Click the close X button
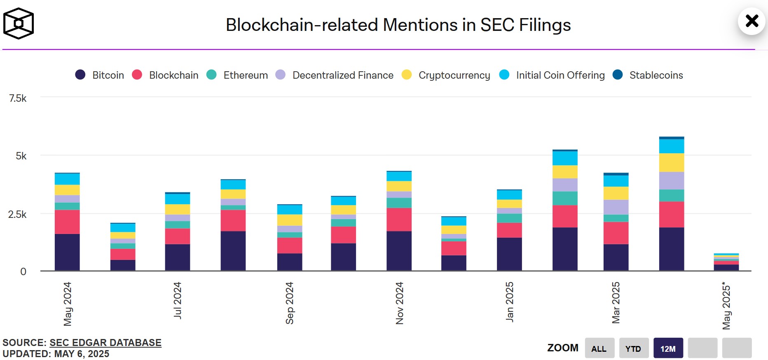pyautogui.click(x=752, y=21)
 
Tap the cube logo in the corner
pyautogui.click(x=19, y=23)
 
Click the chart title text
pyautogui.click(x=398, y=25)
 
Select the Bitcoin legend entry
pyautogui.click(x=100, y=75)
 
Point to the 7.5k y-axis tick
pyautogui.click(x=18, y=98)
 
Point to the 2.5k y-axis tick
pyautogui.click(x=17, y=214)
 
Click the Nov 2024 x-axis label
pyautogui.click(x=399, y=303)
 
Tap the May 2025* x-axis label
pyautogui.click(x=726, y=305)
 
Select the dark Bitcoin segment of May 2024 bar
pyautogui.click(x=67, y=252)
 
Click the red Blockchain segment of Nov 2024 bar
pyautogui.click(x=399, y=220)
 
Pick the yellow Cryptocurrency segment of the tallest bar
pyautogui.click(x=672, y=163)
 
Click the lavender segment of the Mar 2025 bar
pyautogui.click(x=616, y=207)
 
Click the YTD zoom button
pyautogui.click(x=634, y=348)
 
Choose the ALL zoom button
pyautogui.click(x=599, y=348)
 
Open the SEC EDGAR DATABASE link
pyautogui.click(x=105, y=343)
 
